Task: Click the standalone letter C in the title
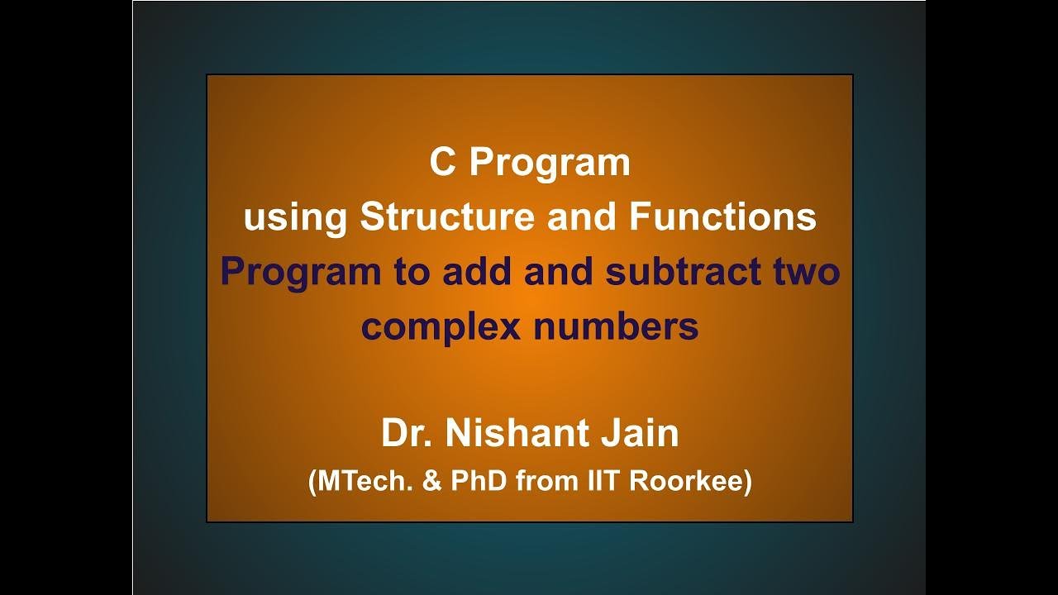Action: pos(442,163)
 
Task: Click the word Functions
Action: pos(722,217)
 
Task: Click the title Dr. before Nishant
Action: pos(408,434)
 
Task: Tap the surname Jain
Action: pos(639,434)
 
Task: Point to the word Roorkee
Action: pos(689,481)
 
